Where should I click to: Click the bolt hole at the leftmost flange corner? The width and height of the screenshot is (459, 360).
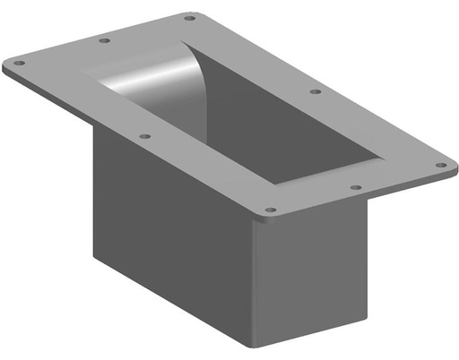coord(19,63)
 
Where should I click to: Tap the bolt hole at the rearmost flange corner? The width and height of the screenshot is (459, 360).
coord(189,17)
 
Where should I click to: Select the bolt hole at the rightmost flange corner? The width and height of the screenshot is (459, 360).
coord(440,165)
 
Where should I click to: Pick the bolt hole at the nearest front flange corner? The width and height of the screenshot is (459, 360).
coord(271,210)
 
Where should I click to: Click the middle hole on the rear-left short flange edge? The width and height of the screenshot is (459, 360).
coord(105,40)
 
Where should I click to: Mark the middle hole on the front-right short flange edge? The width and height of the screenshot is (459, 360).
coord(356,188)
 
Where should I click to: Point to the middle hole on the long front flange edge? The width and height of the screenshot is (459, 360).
coord(145,136)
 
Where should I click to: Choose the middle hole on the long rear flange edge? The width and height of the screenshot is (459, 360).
coord(315,91)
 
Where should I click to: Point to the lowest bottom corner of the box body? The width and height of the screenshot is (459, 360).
coord(255,345)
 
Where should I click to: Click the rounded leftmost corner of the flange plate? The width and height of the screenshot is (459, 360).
coord(5,66)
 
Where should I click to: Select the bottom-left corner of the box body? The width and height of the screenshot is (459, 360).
coord(94,256)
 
